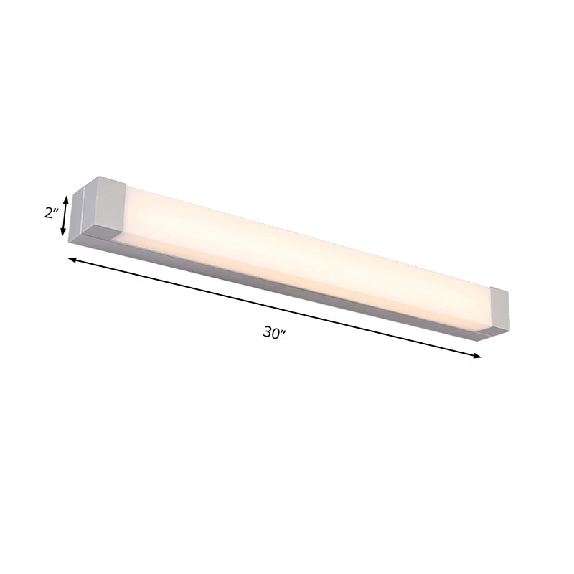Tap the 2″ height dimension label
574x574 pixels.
click(x=50, y=213)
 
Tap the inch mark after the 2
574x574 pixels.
click(x=55, y=210)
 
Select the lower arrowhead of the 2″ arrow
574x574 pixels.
click(x=64, y=232)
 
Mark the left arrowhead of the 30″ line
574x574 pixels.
click(x=72, y=259)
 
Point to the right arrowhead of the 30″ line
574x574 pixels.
click(x=476, y=355)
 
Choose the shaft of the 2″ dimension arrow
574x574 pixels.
click(x=66, y=215)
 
